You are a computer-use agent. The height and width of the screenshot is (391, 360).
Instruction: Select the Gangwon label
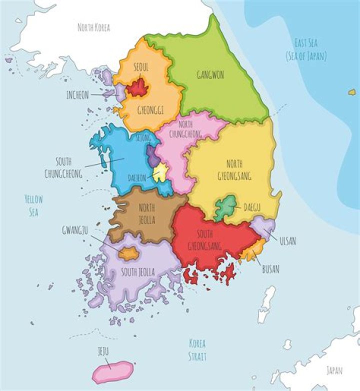click(210, 75)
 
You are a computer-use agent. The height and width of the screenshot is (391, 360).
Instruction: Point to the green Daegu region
click(226, 207)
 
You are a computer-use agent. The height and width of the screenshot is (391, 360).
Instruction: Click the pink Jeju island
click(113, 372)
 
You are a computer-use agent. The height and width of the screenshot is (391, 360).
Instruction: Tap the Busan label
click(270, 269)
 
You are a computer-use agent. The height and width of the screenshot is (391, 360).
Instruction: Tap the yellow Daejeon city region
click(160, 174)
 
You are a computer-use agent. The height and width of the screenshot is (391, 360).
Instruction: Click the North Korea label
click(93, 27)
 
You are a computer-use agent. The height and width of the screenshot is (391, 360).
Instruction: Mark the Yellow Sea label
click(33, 205)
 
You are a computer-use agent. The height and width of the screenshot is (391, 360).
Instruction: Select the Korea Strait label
click(197, 349)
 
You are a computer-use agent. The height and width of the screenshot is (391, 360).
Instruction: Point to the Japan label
click(334, 370)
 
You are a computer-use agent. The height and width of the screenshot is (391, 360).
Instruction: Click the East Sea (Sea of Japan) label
click(305, 49)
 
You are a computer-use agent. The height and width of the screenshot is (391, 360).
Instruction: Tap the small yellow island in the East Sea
click(352, 92)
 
